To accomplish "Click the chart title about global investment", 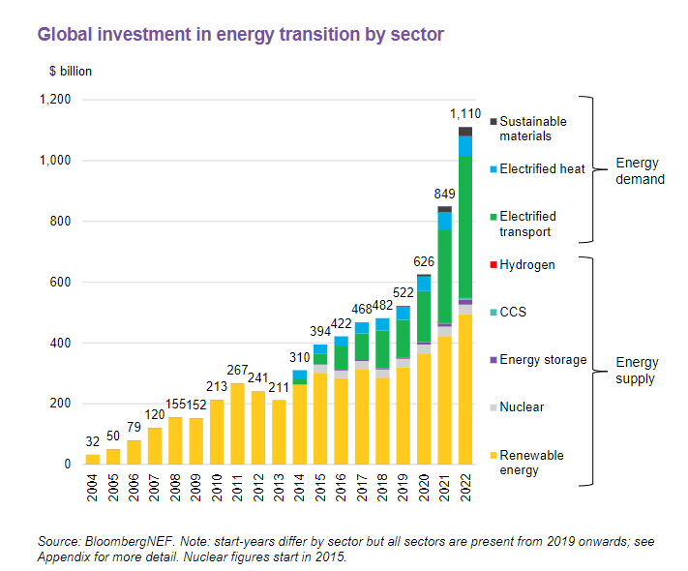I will (240, 35).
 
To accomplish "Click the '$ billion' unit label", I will (71, 72).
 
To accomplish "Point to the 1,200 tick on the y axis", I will (54, 100).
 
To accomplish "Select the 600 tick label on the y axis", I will (61, 282).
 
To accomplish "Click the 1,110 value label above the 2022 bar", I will (465, 115).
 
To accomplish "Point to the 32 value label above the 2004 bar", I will (93, 443).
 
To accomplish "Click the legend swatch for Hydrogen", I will (494, 265).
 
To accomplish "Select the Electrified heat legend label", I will (542, 169).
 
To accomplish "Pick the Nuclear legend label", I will (522, 407).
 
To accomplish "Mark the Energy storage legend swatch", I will (494, 360).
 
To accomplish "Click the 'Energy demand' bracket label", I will (641, 170).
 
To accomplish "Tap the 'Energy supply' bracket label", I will (636, 371).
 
